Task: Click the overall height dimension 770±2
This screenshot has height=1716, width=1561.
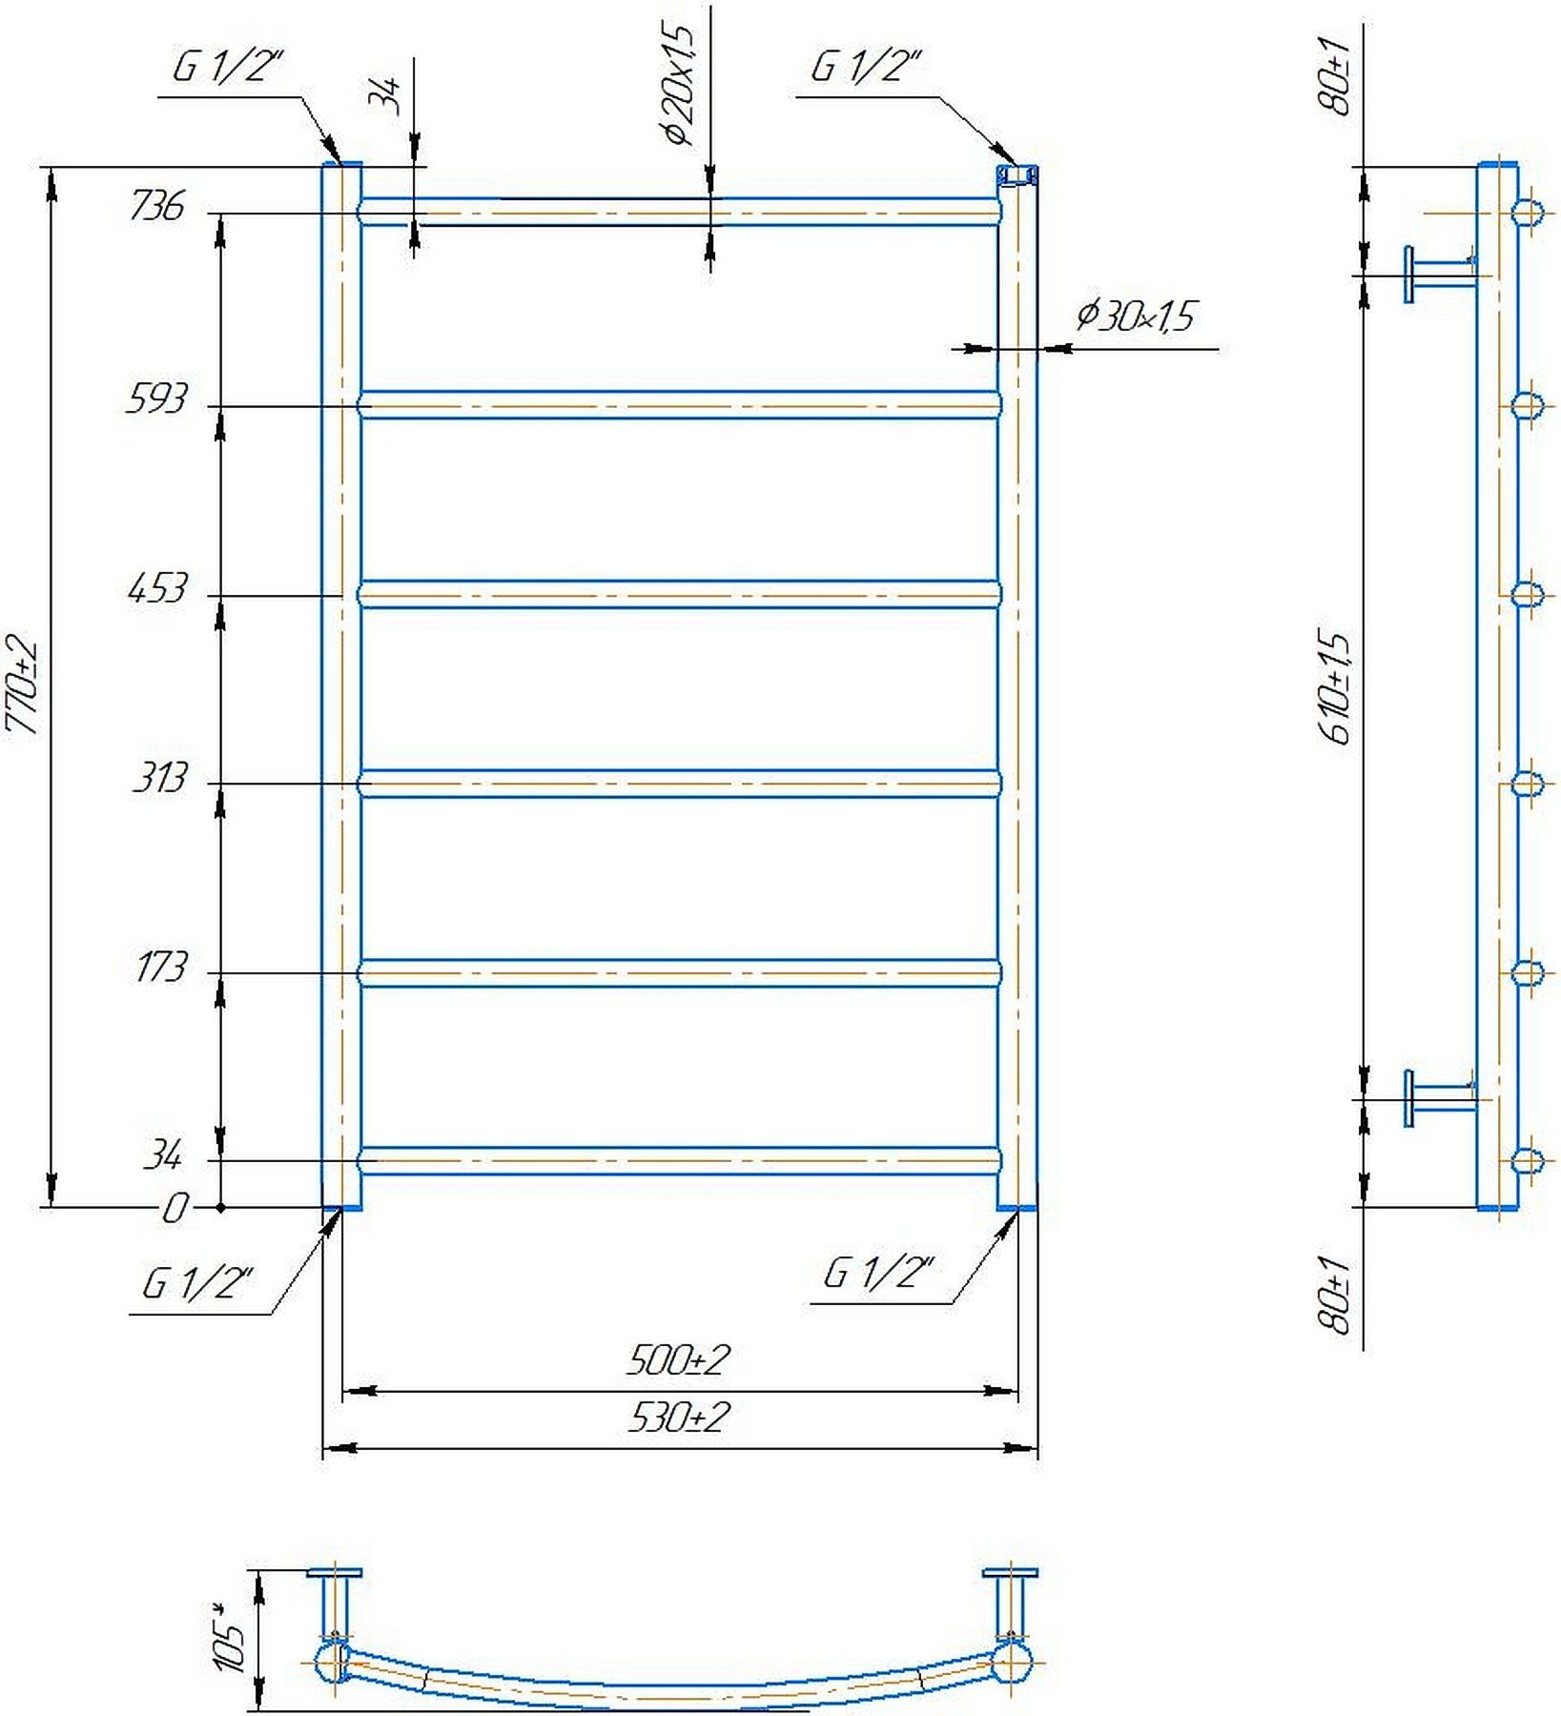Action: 23,686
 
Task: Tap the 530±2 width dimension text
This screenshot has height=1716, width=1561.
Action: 678,1419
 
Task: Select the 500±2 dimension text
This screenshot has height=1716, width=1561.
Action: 678,1360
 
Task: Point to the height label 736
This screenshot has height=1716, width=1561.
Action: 156,206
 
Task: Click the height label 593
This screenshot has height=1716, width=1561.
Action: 156,398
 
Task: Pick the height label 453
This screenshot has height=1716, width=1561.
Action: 157,589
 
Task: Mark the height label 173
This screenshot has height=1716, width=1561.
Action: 161,968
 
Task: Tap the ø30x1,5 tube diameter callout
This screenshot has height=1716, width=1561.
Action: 1135,316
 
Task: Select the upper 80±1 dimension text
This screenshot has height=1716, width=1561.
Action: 1339,76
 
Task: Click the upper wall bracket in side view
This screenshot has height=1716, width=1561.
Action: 1441,275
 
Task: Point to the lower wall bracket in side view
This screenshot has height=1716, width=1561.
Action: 1441,1098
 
